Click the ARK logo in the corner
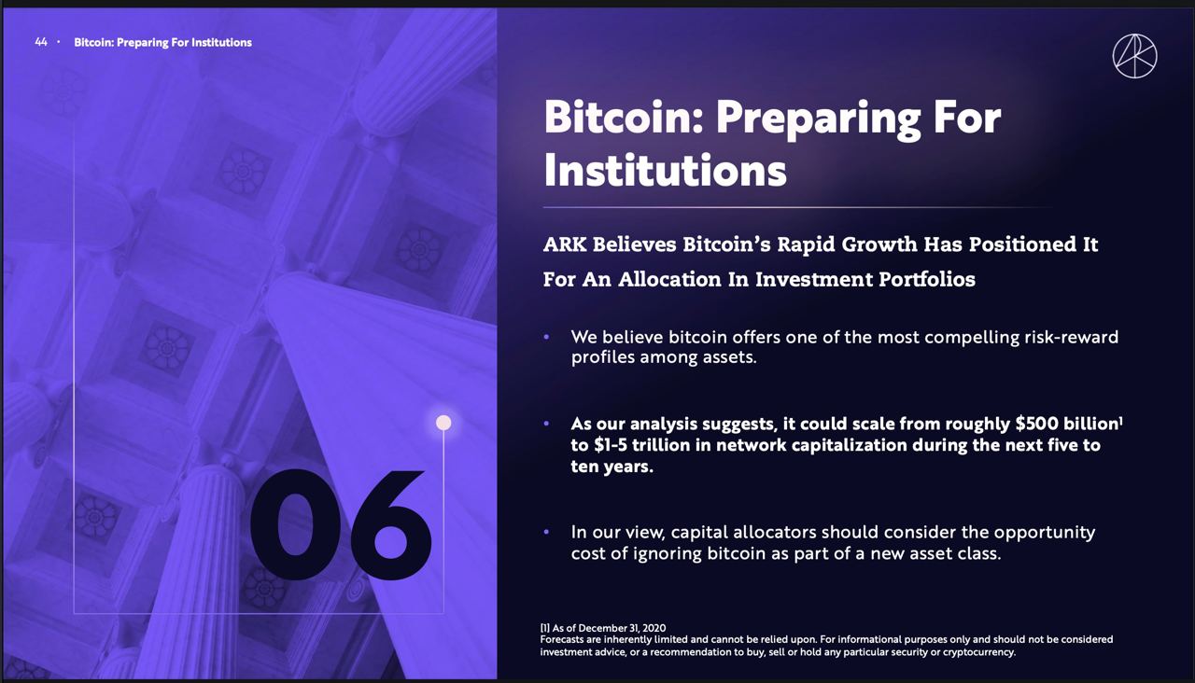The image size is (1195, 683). [1134, 56]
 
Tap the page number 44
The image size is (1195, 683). [41, 42]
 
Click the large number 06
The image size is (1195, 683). [341, 525]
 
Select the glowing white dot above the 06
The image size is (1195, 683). [443, 423]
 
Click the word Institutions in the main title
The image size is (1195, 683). [666, 171]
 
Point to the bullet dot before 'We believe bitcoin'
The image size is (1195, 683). [546, 337]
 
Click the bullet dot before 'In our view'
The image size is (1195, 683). [546, 532]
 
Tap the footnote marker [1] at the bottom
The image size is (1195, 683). [544, 628]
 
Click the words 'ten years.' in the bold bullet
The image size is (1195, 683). [612, 467]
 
